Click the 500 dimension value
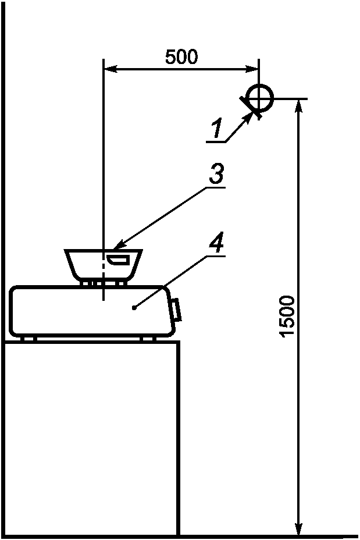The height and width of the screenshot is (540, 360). click(x=181, y=57)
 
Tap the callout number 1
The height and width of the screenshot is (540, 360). click(x=216, y=129)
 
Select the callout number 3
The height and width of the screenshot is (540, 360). click(x=216, y=174)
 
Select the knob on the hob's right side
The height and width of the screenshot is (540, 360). click(x=176, y=310)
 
